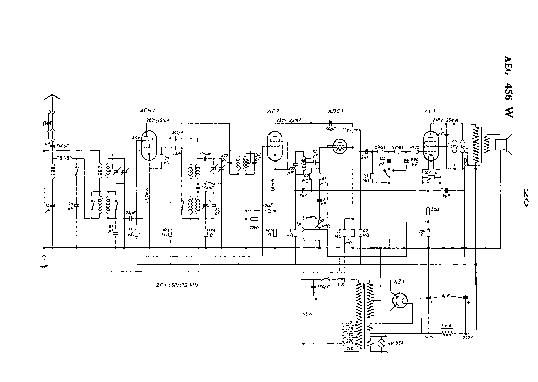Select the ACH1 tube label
coord(147,111)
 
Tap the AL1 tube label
coord(429,111)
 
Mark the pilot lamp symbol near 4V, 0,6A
coord(381,343)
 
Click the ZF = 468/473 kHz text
coord(178,285)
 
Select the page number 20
coord(525,196)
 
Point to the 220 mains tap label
coord(350,340)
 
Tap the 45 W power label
coord(307,313)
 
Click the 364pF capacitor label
coord(208,188)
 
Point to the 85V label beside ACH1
coord(135,137)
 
